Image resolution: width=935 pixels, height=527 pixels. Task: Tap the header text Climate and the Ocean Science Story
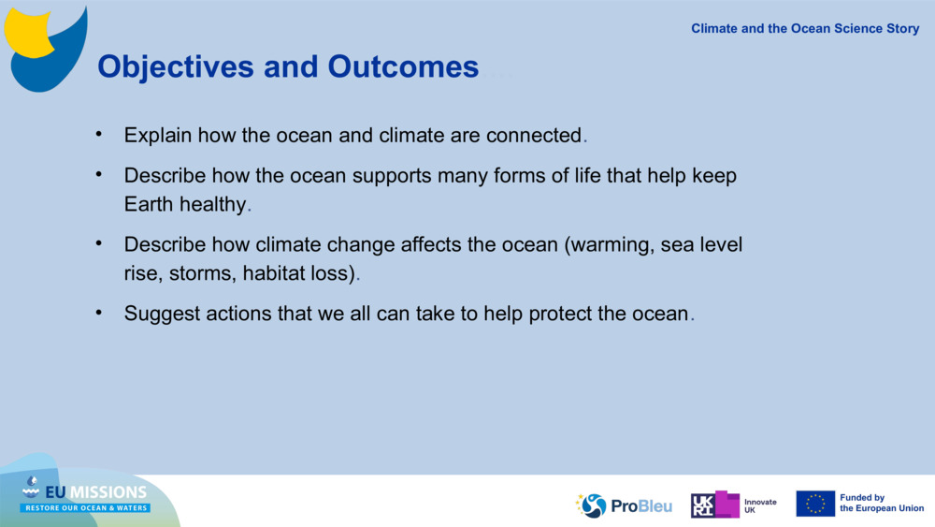pos(805,28)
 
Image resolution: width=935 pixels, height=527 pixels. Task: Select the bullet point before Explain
pos(98,134)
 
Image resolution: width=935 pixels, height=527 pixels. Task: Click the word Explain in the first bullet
pos(157,135)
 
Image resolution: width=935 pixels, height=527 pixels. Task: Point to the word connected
pos(533,135)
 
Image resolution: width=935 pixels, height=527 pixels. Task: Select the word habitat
pos(276,274)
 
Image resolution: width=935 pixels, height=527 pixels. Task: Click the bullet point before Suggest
pos(98,313)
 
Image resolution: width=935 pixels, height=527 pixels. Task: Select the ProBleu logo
pos(625,505)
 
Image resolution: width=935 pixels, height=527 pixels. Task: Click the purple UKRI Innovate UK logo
pos(716,505)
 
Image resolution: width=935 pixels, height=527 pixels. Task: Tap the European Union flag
pos(815,504)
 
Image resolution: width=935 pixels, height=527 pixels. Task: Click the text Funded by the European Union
pos(881,504)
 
